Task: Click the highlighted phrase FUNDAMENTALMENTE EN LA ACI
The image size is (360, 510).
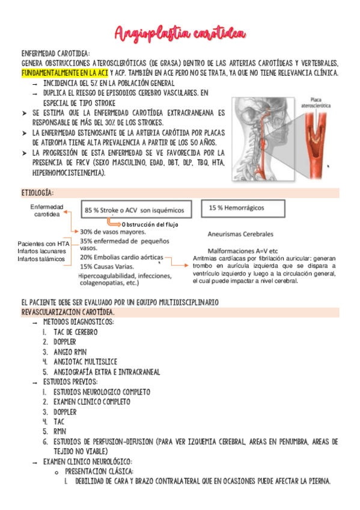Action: tap(65, 73)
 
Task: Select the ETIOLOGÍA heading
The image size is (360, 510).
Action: tap(37, 192)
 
